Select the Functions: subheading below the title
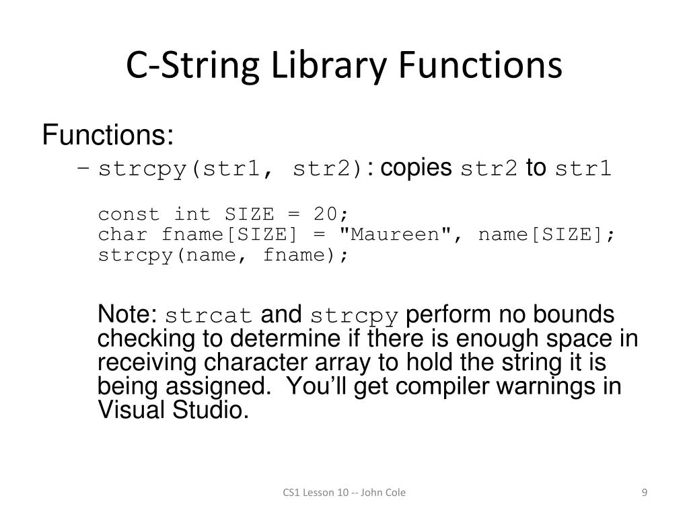[x=108, y=136]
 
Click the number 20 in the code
[x=325, y=214]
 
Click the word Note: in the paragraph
[x=127, y=314]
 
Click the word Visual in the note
[x=129, y=409]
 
